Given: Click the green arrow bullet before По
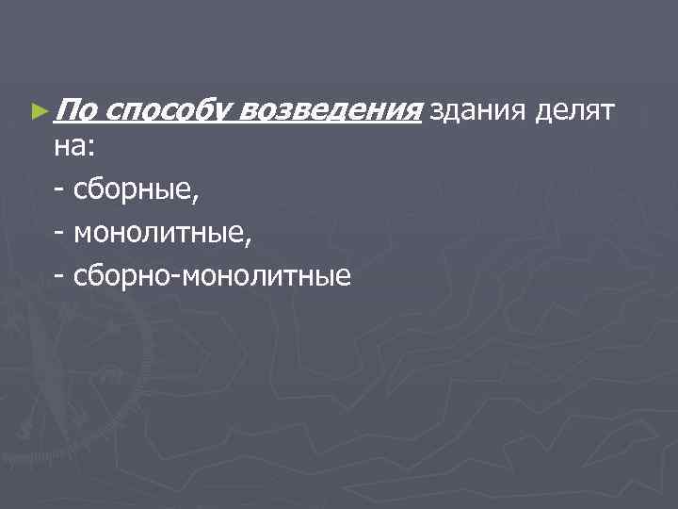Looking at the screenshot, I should click(38, 112).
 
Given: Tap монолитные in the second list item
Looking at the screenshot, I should click(161, 235).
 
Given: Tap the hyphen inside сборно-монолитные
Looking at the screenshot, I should click(177, 277).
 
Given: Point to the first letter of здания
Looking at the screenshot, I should click(435, 114).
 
